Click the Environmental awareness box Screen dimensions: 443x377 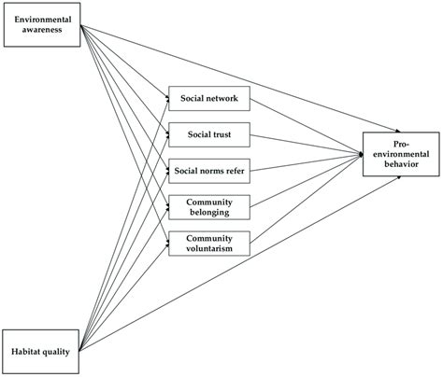(x=42, y=25)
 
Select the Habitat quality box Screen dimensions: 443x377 (x=40, y=352)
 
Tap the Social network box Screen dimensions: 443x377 (x=209, y=99)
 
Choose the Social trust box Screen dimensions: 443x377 (x=209, y=134)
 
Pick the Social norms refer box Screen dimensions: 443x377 (x=209, y=171)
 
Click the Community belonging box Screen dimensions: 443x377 (x=209, y=207)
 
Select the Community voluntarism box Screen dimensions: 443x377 (x=209, y=244)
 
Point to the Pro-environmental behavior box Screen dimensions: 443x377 (x=401, y=154)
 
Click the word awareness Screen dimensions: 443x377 (x=42, y=30)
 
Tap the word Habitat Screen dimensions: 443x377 (x=24, y=352)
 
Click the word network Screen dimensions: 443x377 (x=222, y=99)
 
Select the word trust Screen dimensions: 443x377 (x=222, y=134)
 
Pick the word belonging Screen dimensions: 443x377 (x=209, y=213)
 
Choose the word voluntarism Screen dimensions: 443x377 (x=209, y=248)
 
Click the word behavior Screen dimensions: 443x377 (x=401, y=164)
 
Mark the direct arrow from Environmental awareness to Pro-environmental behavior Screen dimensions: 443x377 (x=240, y=78)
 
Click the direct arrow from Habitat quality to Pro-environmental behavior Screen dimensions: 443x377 (x=240, y=264)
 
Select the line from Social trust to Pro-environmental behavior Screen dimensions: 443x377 (x=307, y=145)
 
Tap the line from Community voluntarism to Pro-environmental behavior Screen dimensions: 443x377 (x=307, y=199)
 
